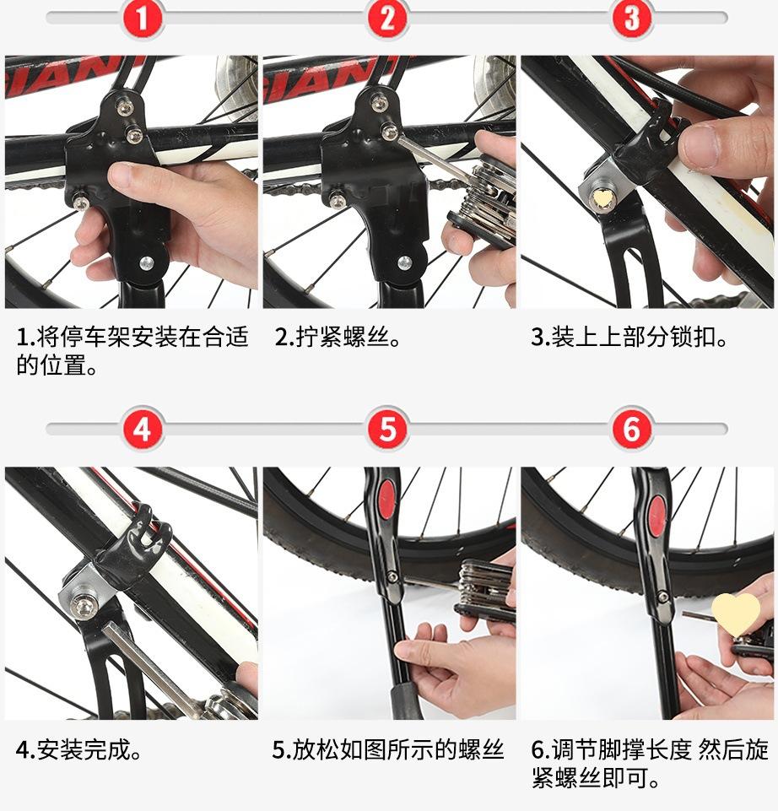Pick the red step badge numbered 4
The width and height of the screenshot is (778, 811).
tap(143, 429)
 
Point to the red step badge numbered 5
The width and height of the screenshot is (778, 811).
tap(387, 429)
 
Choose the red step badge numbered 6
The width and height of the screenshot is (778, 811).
tap(632, 429)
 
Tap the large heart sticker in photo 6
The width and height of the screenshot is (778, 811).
tap(736, 614)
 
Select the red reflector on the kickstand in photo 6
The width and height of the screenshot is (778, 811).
tap(656, 516)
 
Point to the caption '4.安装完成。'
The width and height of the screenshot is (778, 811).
tap(79, 749)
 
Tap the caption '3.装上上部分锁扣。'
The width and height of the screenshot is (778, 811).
tap(629, 338)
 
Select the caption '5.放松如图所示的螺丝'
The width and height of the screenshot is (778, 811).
tap(388, 749)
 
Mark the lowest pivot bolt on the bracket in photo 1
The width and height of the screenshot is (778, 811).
tap(146, 262)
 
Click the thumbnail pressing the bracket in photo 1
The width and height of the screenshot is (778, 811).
tap(124, 175)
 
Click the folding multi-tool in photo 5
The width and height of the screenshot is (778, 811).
tap(484, 590)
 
